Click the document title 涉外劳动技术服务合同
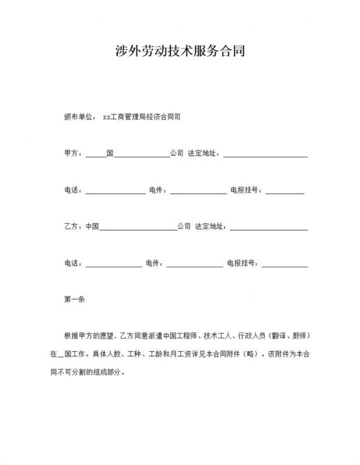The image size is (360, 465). click(180, 51)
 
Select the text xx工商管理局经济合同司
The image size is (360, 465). click(141, 116)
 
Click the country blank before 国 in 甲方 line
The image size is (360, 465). click(96, 154)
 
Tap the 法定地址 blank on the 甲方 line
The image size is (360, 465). click(265, 154)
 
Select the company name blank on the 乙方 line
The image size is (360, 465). click(138, 227)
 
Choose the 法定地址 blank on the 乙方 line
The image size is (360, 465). click(269, 227)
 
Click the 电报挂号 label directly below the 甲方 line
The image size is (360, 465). click(247, 190)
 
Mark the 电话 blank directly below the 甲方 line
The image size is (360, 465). click(116, 191)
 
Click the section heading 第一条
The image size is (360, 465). click(75, 300)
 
